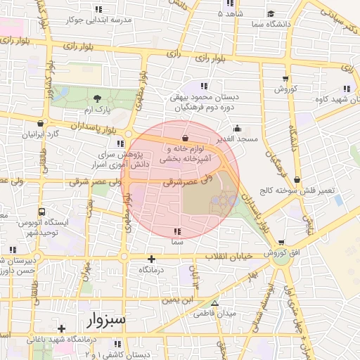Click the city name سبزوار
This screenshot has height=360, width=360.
[106, 321]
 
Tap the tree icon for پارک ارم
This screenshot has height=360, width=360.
[97, 98]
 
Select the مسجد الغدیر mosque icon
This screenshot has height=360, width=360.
[237, 129]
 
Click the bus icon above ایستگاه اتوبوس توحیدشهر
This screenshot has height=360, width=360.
[43, 211]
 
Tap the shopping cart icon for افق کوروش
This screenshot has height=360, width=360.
[281, 243]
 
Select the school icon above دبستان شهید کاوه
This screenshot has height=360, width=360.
[346, 89]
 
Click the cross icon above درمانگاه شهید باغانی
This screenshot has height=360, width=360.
[62, 328]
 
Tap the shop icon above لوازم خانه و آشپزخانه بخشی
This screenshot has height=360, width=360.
[185, 138]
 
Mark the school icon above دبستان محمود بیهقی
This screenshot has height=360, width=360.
[204, 86]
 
